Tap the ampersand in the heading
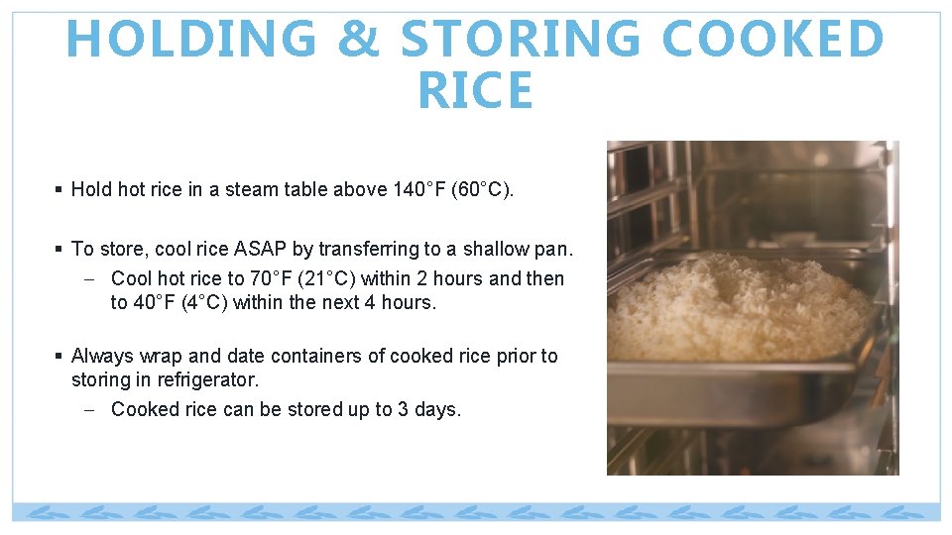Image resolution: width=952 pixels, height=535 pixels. [359, 40]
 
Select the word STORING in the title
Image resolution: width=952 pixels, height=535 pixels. [521, 40]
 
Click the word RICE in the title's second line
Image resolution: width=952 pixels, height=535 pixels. [475, 91]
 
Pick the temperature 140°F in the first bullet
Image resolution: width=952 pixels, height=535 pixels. [416, 189]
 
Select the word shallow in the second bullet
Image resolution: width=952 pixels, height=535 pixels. [496, 249]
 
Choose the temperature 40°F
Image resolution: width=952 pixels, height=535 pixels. [154, 303]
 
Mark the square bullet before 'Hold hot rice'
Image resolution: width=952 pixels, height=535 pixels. [60, 189]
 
